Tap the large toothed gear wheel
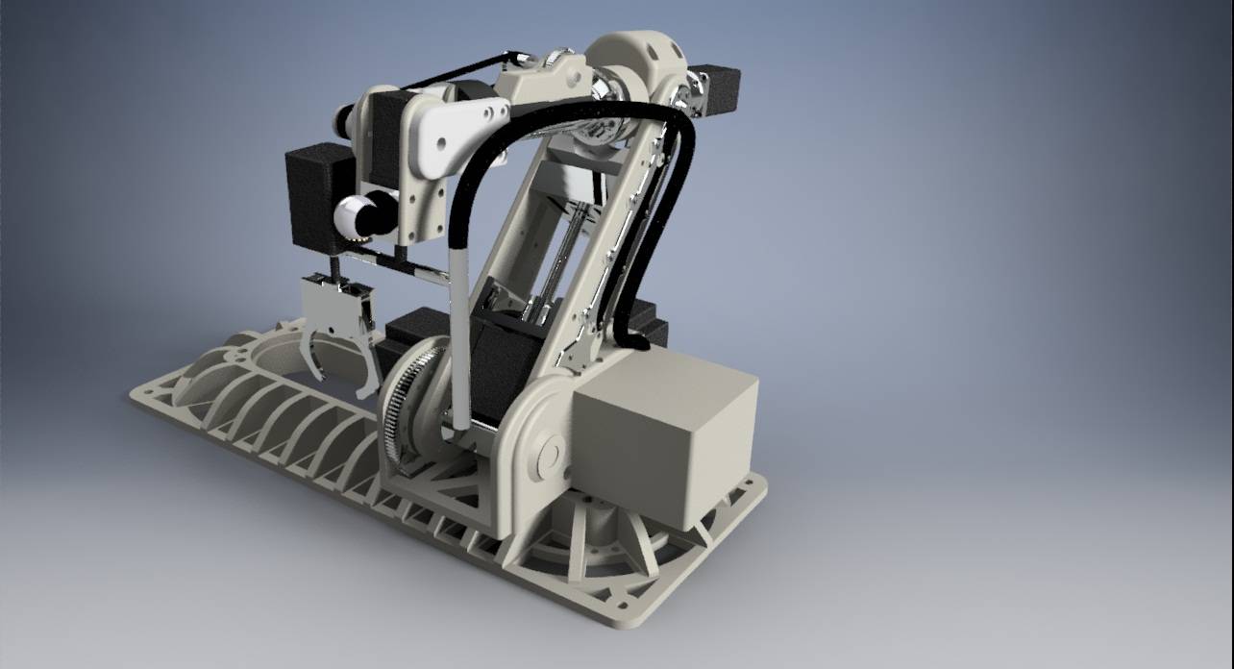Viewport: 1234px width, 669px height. [x=404, y=404]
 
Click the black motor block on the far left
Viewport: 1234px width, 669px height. [x=317, y=196]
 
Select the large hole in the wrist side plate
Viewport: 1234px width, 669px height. [x=441, y=145]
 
